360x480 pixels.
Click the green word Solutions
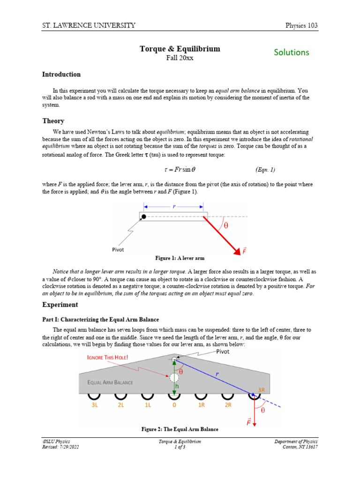(x=292, y=52)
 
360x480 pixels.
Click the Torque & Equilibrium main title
(x=180, y=49)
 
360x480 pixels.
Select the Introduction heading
(x=61, y=74)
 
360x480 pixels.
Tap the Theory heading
(x=53, y=121)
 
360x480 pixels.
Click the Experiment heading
(x=60, y=305)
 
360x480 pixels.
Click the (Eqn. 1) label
(x=265, y=169)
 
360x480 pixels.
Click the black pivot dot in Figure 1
(x=144, y=217)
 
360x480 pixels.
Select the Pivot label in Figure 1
(x=118, y=250)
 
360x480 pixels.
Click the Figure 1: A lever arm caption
(x=180, y=258)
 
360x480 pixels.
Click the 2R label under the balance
(x=228, y=405)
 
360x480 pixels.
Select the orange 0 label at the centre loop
(x=174, y=405)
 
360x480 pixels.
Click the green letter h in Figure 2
(x=178, y=385)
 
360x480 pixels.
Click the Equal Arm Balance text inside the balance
(x=110, y=382)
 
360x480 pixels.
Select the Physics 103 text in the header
(x=301, y=25)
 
